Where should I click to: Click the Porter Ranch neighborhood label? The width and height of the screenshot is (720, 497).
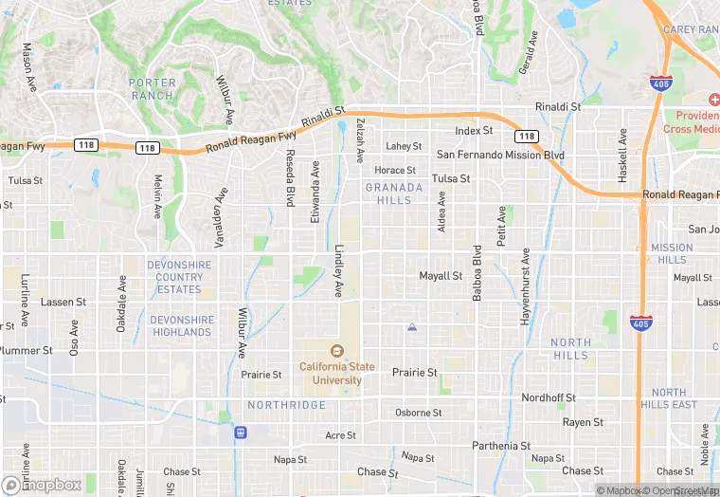(x=152, y=88)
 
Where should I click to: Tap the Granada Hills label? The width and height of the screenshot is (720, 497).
(x=394, y=193)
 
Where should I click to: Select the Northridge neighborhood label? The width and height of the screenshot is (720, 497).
(x=286, y=405)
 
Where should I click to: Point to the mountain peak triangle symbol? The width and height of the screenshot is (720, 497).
(x=411, y=327)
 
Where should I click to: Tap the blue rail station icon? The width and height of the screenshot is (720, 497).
(x=242, y=433)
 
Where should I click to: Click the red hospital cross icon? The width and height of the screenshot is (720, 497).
(x=713, y=101)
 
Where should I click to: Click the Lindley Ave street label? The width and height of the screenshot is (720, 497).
(x=338, y=271)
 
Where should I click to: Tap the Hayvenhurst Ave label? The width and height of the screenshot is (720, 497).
(x=524, y=287)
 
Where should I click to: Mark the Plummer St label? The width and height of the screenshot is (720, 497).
(x=27, y=351)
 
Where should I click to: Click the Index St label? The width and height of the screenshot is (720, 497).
(x=474, y=130)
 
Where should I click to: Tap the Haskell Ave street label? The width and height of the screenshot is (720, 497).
(x=622, y=156)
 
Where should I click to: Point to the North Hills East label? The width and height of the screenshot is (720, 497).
(x=668, y=398)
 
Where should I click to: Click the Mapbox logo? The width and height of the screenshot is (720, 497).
(x=42, y=485)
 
